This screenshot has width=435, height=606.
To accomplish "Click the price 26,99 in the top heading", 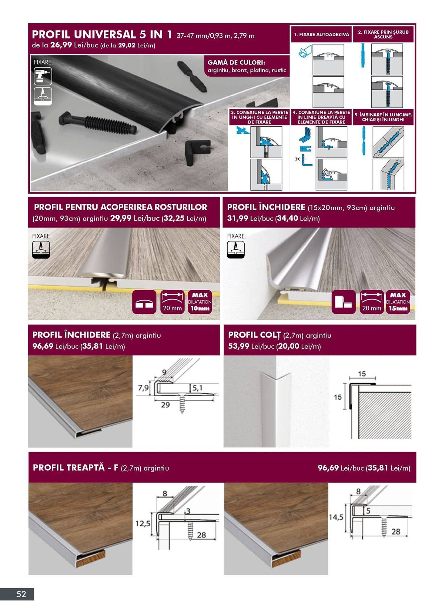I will (x=61, y=45).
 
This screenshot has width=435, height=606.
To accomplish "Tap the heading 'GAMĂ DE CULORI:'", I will (x=236, y=62).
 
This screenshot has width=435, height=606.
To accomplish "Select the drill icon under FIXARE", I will (x=43, y=76).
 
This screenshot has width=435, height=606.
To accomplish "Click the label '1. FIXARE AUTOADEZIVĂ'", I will (x=321, y=35).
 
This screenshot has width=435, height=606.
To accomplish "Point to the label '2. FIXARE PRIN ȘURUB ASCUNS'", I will (x=383, y=34).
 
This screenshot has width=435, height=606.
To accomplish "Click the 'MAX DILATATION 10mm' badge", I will (x=199, y=302).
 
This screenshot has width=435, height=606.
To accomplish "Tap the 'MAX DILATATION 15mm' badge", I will (x=398, y=302).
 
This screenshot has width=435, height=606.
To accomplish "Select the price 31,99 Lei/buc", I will (x=237, y=218).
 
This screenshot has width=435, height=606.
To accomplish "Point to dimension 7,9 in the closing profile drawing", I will (x=143, y=388).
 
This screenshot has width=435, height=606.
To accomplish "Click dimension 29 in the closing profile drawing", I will (x=165, y=405).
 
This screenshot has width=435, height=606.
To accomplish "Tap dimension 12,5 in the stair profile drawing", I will (x=142, y=523).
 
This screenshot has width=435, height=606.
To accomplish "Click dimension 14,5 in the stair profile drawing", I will (x=336, y=517).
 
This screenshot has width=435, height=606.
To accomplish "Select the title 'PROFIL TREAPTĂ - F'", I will (x=75, y=468).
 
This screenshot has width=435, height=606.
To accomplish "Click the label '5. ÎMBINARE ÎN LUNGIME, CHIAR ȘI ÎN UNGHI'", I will (x=383, y=117).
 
